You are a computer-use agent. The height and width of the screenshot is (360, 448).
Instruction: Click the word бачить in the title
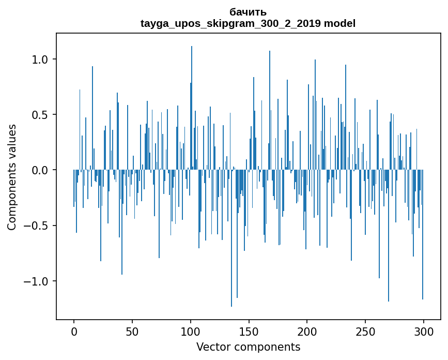point(248,12)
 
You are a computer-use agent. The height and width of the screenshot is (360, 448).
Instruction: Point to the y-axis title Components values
point(12,177)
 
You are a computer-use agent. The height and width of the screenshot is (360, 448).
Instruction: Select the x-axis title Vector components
point(248,347)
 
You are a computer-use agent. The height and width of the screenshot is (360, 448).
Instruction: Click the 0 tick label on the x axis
point(74,332)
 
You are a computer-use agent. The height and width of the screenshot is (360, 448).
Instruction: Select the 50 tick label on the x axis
point(132,332)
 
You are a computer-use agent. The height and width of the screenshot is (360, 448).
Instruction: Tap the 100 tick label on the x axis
point(191,332)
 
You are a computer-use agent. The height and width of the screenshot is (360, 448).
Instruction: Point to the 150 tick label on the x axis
point(249,332)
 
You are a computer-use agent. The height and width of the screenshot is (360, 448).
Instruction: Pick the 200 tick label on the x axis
point(307,332)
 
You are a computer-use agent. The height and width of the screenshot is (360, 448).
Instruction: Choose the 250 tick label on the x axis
point(365,332)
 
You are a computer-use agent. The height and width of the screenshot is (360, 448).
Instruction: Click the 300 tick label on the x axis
point(424,332)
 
